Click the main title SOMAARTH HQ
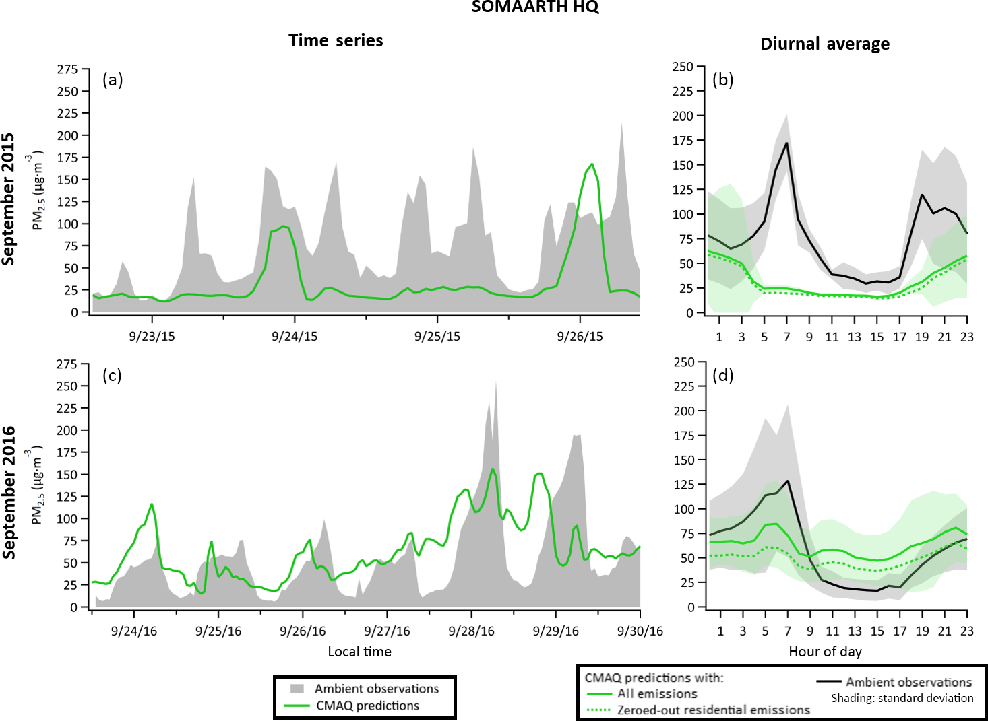click(x=535, y=7)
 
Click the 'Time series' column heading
click(x=336, y=41)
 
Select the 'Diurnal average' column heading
click(x=825, y=44)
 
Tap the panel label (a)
click(x=113, y=80)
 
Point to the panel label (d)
click(x=723, y=375)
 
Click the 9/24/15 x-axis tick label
click(x=295, y=336)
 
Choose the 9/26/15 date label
click(x=580, y=336)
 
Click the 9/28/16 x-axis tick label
click(x=471, y=631)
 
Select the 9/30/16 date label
click(x=640, y=631)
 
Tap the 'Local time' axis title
click(x=359, y=652)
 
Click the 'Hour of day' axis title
click(x=825, y=652)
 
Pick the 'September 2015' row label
click(x=9, y=199)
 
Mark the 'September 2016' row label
click(x=9, y=492)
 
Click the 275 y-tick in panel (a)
click(x=67, y=69)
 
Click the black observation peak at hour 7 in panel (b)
click(x=786, y=143)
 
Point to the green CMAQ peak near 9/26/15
click(x=592, y=164)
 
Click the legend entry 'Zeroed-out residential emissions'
click(x=713, y=710)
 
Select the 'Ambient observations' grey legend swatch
click(x=297, y=689)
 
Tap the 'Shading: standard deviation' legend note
click(x=902, y=698)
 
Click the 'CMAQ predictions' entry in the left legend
click(x=367, y=706)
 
